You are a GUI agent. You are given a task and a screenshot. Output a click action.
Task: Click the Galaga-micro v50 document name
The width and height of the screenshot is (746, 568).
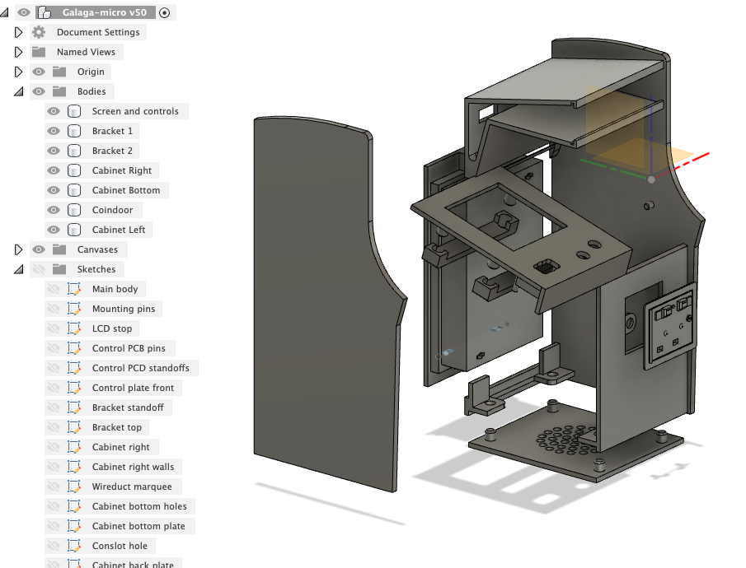pos(104,12)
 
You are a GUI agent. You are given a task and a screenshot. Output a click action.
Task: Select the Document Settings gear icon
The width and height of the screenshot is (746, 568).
pos(39,32)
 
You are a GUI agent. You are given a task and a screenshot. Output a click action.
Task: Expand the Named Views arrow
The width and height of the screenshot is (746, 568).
pos(18,52)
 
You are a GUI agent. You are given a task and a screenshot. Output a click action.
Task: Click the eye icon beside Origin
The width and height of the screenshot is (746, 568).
pos(39,72)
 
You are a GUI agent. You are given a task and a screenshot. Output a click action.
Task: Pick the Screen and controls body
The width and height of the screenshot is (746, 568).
pos(134,111)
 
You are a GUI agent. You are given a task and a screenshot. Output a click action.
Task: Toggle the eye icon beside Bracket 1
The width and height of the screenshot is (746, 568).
pos(54,131)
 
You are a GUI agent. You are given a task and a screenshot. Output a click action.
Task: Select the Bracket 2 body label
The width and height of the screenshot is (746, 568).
pos(112,151)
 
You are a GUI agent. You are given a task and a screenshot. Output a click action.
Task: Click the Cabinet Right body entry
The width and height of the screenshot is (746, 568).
pos(121,170)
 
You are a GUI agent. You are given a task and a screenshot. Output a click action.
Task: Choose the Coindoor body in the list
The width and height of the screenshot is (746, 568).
pos(112,210)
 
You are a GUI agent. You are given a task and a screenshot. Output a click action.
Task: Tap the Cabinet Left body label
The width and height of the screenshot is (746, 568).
pos(119,230)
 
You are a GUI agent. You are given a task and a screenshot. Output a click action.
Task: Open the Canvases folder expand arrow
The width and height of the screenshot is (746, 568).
pos(18,249)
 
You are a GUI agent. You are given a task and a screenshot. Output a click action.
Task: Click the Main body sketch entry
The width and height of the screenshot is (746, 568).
pos(115,289)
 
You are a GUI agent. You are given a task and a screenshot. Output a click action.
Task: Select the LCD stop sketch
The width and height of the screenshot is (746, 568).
pos(111,328)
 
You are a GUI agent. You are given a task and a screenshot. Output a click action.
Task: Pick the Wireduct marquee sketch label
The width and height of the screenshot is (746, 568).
pos(132,487)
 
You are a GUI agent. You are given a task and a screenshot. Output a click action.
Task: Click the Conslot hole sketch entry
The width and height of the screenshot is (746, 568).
pos(120,546)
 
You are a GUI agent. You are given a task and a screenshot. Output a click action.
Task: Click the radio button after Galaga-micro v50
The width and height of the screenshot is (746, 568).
pos(165,12)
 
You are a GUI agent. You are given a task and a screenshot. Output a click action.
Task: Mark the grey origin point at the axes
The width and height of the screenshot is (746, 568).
pos(651,179)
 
